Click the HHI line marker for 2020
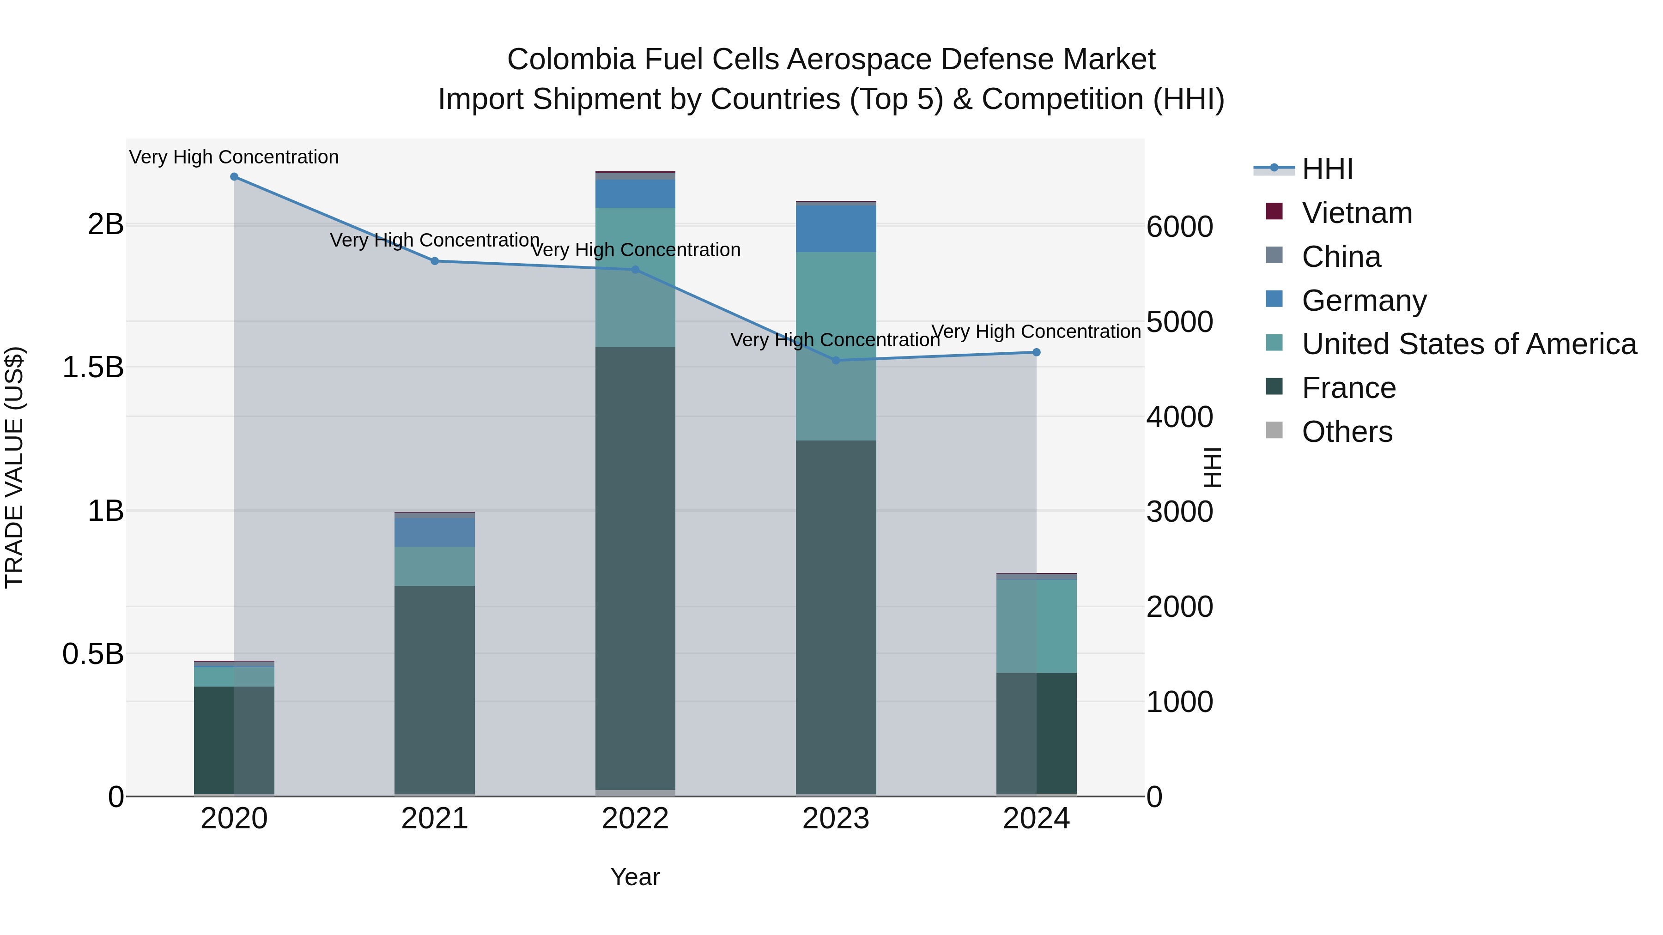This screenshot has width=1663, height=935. point(234,177)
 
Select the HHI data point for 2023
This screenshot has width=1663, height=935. point(836,361)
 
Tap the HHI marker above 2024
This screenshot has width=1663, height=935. point(1037,352)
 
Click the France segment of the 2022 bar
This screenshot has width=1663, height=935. point(635,568)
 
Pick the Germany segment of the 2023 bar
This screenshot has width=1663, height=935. point(836,229)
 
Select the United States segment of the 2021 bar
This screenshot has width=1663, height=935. point(435,567)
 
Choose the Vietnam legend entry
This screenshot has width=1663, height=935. point(1356,213)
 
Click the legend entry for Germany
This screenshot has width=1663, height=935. point(1364,301)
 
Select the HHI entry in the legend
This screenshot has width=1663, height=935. point(1327,169)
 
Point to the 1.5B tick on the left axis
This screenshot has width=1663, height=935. point(92,367)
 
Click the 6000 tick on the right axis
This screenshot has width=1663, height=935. point(1179,227)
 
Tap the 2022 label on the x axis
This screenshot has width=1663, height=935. point(635,819)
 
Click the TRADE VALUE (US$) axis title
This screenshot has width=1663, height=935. point(14,467)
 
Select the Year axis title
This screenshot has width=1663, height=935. point(635,877)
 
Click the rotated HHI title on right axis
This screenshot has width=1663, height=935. point(1213,467)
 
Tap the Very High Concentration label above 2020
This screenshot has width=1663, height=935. point(234,157)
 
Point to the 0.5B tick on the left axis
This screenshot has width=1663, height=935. point(92,654)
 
